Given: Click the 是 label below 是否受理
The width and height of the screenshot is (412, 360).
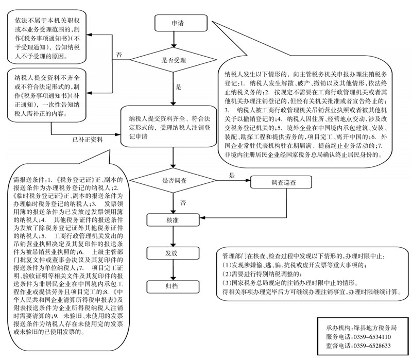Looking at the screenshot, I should [x=179, y=88].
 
